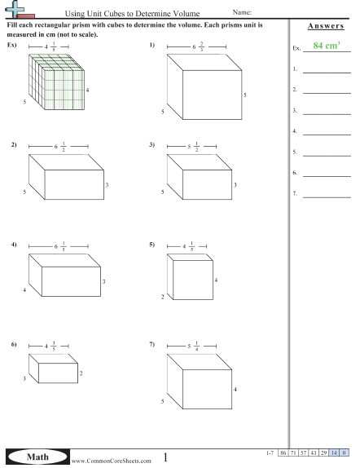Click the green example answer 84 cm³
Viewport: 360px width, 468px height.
point(327,46)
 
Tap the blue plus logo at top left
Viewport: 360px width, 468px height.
point(15,8)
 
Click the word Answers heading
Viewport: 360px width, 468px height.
point(326,26)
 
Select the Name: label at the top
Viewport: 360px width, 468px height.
point(242,12)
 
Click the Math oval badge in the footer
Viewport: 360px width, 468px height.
point(37,457)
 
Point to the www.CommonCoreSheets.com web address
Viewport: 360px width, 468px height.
point(111,461)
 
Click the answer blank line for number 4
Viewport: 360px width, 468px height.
point(327,135)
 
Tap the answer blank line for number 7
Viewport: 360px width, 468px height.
point(327,197)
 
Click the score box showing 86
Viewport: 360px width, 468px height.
point(283,453)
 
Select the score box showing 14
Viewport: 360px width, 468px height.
point(334,453)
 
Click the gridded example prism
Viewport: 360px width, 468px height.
point(56,82)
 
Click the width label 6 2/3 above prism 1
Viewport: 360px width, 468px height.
point(198,46)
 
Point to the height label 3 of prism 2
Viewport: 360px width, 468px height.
point(107,185)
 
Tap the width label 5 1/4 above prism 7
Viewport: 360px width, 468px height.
point(193,347)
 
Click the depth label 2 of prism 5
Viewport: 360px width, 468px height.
point(163,297)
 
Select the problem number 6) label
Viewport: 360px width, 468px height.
point(14,344)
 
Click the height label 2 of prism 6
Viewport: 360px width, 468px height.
point(81,373)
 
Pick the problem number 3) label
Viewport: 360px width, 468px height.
point(152,145)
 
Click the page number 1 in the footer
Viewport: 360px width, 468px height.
point(165,457)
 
